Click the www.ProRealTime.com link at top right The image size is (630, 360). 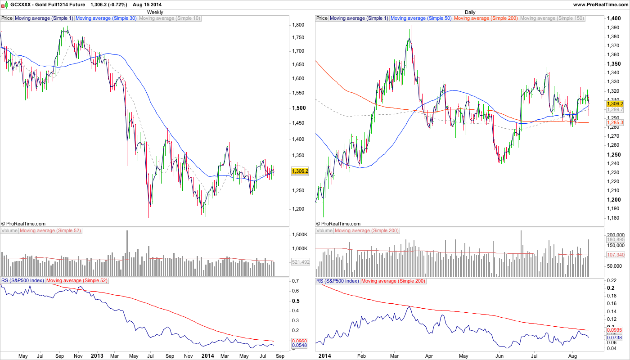(601, 4)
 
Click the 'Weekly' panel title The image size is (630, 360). (155, 12)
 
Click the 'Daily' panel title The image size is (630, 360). (470, 12)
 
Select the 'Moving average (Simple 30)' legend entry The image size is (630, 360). (106, 18)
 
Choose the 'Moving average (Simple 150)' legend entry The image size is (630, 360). (552, 18)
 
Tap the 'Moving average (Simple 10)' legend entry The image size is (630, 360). (170, 18)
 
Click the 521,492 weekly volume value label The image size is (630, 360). (300, 262)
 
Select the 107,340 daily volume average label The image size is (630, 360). (615, 255)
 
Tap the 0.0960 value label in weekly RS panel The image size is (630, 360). (300, 341)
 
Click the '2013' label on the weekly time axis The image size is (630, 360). (97, 356)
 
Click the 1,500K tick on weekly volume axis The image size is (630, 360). (300, 235)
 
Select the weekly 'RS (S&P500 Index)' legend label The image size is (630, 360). (22, 281)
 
